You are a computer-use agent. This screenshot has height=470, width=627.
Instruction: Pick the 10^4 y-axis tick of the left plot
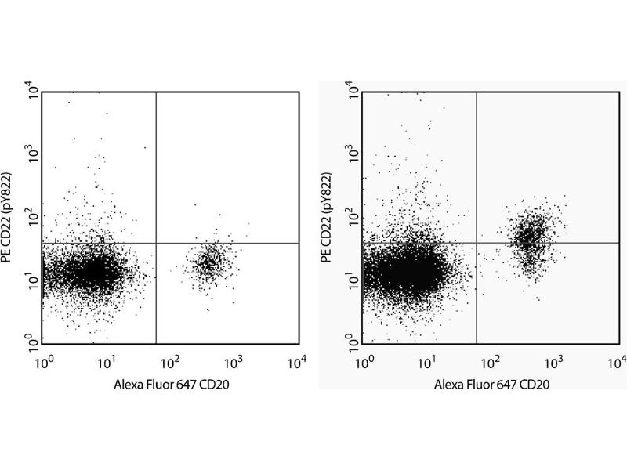pos(32,92)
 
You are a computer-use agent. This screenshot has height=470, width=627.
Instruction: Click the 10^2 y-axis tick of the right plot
pos(353,217)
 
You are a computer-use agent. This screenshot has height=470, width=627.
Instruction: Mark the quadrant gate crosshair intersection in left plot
pos(157,243)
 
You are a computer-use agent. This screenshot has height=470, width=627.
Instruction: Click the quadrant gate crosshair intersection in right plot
pos(477,243)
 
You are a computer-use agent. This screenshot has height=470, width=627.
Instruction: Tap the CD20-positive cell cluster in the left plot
pos(208,263)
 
